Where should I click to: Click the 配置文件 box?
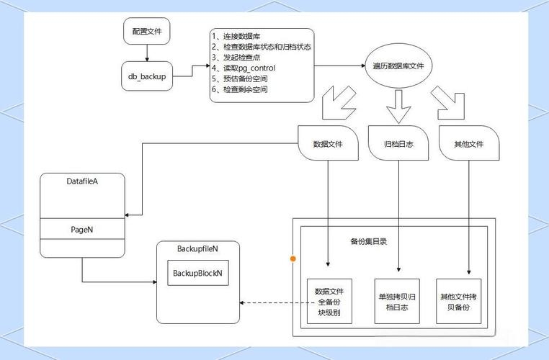coord(147,32)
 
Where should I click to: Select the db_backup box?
coord(147,76)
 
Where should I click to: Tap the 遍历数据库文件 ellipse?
coord(398,66)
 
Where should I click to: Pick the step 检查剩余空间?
coord(239,89)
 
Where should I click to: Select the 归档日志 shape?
coord(398,143)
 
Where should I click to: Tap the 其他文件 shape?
coord(468,143)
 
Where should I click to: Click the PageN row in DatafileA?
coord(81,229)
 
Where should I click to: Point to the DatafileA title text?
coord(81,181)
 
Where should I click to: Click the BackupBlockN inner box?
coord(197,274)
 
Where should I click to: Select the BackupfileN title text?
coord(197,248)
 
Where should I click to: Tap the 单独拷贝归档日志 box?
coord(396,302)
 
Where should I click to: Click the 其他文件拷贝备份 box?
coord(459,302)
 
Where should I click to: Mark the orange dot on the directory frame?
coord(293,257)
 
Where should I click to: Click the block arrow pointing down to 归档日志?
coord(398,106)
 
